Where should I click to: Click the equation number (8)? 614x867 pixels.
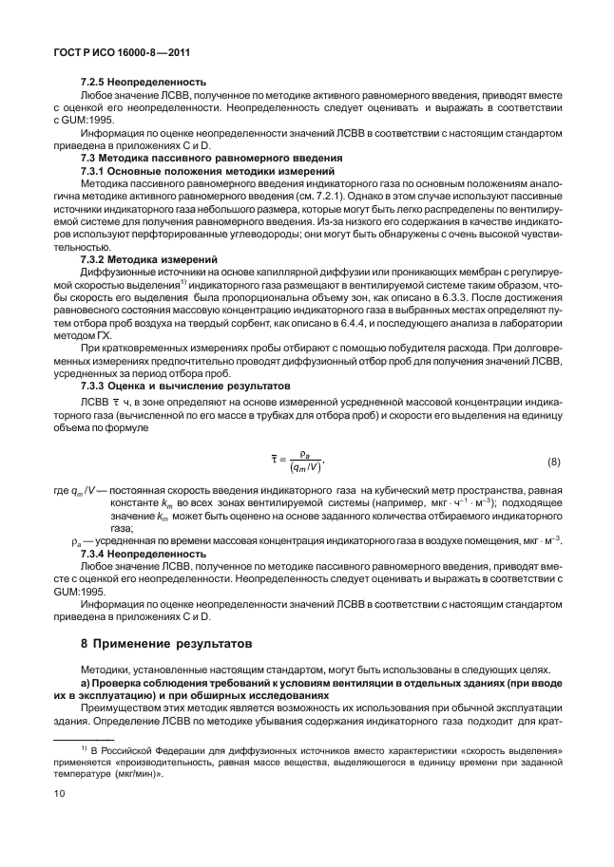point(553,462)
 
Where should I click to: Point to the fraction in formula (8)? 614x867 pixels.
point(305,462)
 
